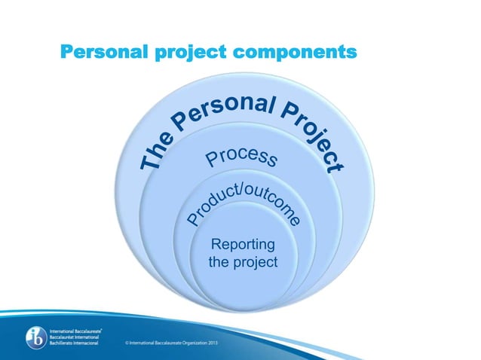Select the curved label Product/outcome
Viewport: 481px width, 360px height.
(246, 199)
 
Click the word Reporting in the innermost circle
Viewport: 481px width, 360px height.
(243, 246)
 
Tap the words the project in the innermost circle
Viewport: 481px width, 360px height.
(243, 262)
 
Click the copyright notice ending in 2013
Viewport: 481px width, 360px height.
(185, 342)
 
